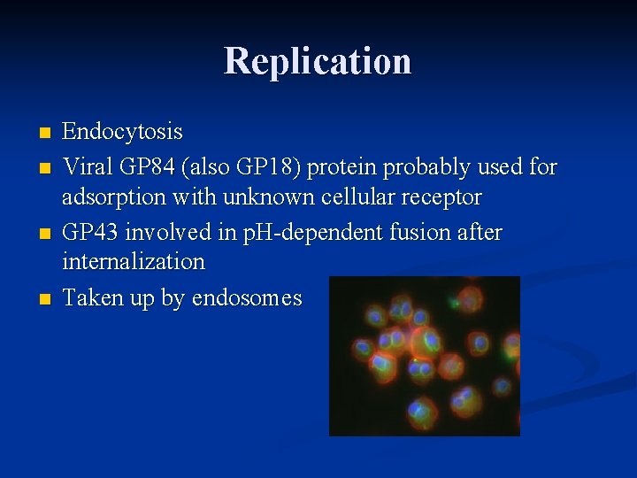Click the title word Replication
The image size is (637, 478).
(x=318, y=61)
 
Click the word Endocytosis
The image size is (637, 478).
(x=123, y=133)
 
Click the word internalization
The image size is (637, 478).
(x=134, y=262)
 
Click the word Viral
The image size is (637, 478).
(x=85, y=166)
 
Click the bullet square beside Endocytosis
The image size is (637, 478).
(x=45, y=134)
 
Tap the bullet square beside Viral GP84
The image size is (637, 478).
(x=45, y=167)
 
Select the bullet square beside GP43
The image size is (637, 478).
(x=45, y=234)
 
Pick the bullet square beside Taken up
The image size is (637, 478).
(x=45, y=299)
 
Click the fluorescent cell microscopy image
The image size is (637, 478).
(x=424, y=356)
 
